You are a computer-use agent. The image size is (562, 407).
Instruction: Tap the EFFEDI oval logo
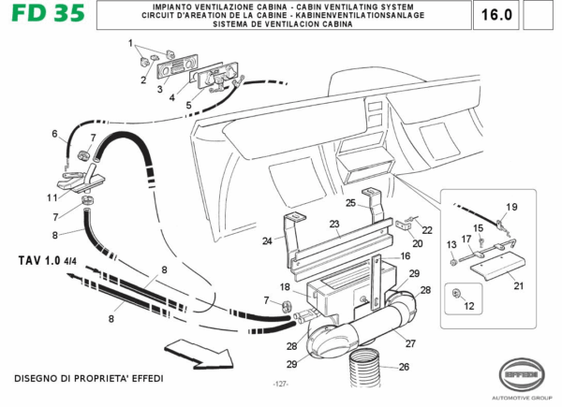[x=521, y=372]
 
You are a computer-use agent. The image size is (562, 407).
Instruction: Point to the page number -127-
[x=279, y=385]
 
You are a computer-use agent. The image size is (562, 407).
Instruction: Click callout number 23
[x=333, y=225]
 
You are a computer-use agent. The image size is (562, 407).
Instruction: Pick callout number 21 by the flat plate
[x=518, y=285]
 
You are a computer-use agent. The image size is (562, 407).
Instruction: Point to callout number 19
[x=511, y=207]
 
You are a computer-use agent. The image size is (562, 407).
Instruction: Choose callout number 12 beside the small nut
[x=469, y=305]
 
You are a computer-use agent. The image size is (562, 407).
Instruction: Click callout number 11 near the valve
[x=52, y=197]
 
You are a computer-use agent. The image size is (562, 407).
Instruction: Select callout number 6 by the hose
[x=54, y=133]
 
